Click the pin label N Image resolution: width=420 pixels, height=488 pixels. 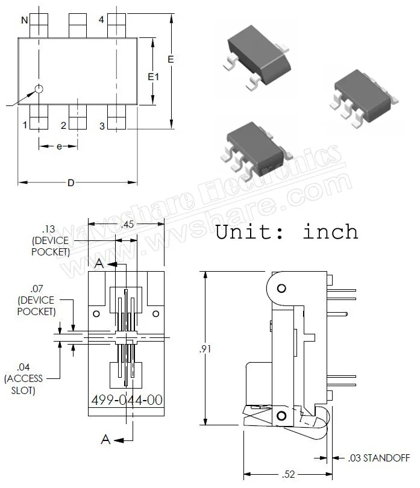[25, 20]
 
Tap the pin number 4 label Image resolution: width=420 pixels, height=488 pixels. [101, 20]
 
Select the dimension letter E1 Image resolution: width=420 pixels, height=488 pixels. [153, 77]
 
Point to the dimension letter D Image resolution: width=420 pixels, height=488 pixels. [71, 183]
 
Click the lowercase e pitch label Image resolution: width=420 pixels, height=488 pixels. [59, 146]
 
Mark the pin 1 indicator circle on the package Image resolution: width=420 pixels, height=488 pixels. [39, 89]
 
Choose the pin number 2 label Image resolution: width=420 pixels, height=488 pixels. [63, 125]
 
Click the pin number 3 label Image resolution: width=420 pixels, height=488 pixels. [102, 126]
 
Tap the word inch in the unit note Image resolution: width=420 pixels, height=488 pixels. [330, 231]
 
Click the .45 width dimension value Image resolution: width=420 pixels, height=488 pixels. [127, 224]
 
